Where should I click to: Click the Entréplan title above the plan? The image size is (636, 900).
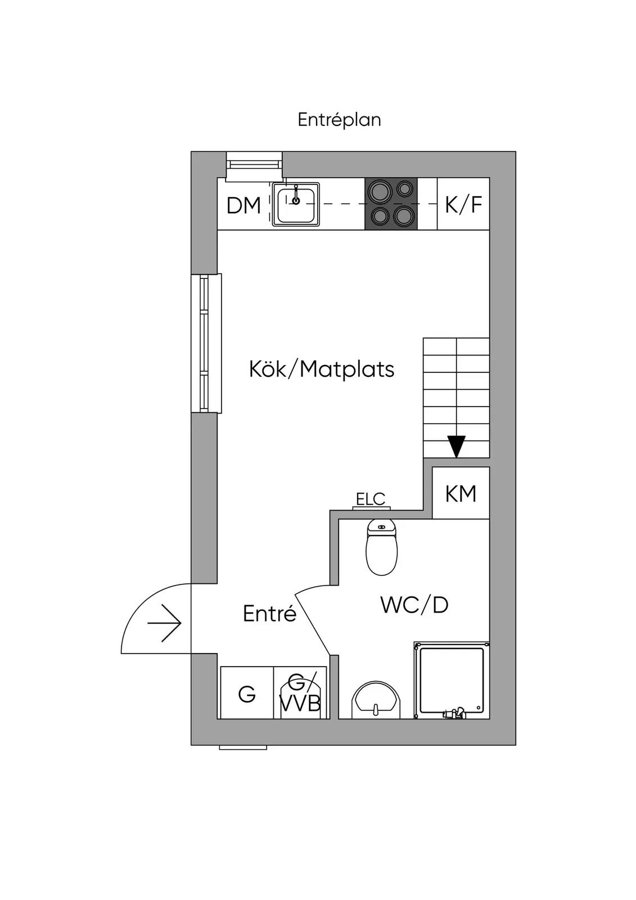(339, 120)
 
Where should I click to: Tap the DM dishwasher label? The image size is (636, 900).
(243, 205)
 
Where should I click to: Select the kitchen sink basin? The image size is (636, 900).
(296, 205)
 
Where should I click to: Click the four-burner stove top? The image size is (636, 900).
(391, 204)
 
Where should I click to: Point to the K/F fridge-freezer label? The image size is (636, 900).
(463, 205)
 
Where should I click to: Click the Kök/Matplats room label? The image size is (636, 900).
(322, 369)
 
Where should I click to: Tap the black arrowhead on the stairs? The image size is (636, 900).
(457, 447)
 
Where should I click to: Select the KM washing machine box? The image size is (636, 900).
(461, 493)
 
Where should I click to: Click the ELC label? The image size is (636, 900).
(371, 499)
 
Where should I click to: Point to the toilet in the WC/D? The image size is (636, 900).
(381, 547)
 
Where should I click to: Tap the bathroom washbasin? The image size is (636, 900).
(376, 700)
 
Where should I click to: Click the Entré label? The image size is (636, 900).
(269, 614)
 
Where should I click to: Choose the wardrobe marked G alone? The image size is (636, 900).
(247, 692)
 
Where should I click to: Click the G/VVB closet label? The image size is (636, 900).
(300, 692)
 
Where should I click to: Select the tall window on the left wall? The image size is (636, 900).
(206, 344)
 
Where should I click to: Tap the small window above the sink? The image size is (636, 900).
(254, 165)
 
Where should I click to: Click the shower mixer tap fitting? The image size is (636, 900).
(453, 712)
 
